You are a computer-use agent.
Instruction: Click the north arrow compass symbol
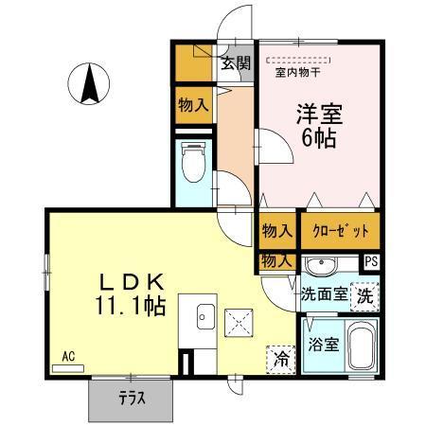[x=92, y=83]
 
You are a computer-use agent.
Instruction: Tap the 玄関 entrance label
[x=237, y=64]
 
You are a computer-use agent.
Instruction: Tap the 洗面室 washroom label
[x=323, y=294]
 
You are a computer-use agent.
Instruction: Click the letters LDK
[x=133, y=282]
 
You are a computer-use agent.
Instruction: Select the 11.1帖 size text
[x=133, y=306]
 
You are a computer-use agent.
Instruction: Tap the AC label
[x=68, y=357]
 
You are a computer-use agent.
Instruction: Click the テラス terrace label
[x=132, y=399]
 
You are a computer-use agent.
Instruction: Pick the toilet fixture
[x=192, y=164]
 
